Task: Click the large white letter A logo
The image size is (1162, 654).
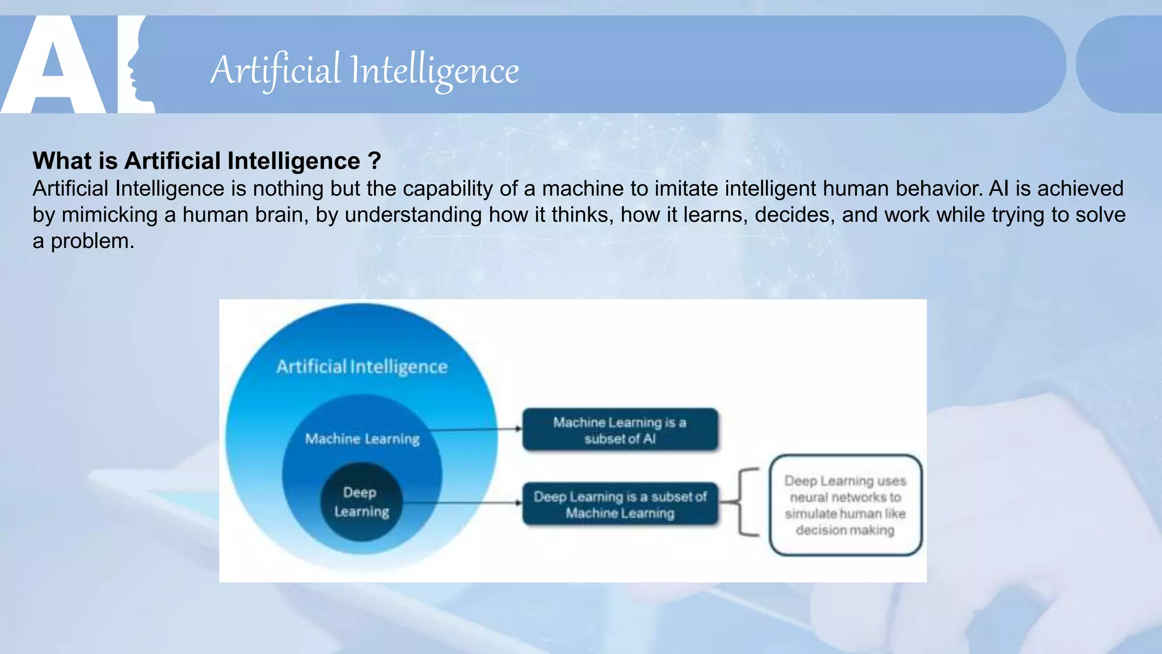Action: [54, 65]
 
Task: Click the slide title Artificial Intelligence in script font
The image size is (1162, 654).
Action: [364, 71]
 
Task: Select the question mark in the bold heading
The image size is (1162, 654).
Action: [374, 161]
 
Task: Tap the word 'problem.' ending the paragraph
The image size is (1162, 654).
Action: [92, 242]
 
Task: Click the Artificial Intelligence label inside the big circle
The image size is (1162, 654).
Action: [362, 367]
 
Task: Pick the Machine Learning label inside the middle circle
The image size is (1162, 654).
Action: [362, 439]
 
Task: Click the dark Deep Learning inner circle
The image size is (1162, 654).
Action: [361, 502]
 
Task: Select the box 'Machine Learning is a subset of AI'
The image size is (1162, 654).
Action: [620, 430]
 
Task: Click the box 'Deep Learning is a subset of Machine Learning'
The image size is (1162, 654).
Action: [620, 504]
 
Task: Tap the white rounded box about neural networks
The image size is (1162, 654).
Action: [845, 505]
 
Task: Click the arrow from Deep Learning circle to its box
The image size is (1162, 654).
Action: [460, 502]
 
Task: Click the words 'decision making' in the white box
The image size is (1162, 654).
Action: [845, 530]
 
